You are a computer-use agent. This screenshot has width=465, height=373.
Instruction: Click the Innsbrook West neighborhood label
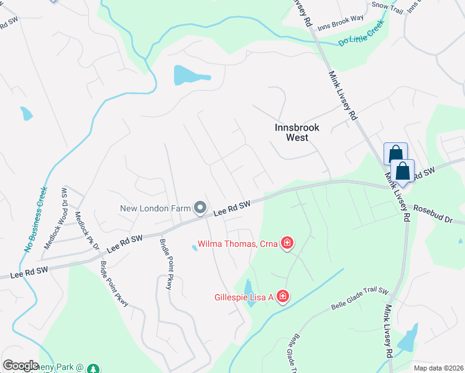[x=297, y=132]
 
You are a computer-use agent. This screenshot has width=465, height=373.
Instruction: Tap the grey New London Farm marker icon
[x=200, y=208]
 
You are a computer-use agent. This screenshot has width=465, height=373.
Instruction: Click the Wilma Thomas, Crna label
[x=237, y=243]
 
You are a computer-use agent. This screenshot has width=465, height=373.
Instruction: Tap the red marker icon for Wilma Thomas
[x=287, y=243]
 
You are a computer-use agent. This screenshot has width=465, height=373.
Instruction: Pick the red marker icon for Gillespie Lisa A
[x=283, y=297]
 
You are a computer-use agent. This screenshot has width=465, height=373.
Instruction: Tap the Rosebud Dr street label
[x=438, y=215]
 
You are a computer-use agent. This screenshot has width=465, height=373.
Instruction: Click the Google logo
[x=21, y=366]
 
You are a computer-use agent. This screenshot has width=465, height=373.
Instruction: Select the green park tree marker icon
[x=93, y=369]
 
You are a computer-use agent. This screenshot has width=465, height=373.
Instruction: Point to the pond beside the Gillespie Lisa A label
[x=249, y=288]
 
